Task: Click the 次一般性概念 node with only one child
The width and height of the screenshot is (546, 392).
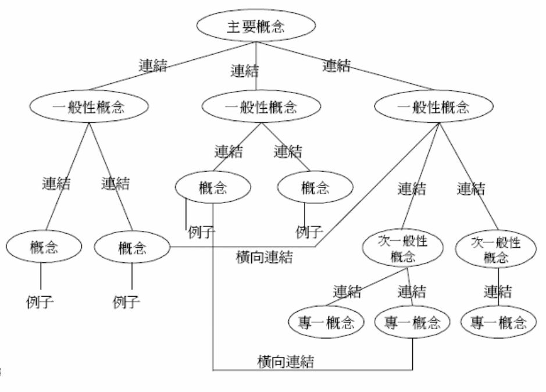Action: [x=496, y=248]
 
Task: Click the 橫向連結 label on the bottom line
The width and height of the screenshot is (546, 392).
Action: [x=286, y=362]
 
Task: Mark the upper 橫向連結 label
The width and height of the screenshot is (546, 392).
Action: [x=265, y=256]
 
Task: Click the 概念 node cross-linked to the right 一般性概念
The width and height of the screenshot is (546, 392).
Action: [x=132, y=249]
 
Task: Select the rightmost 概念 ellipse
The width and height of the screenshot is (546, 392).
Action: [x=315, y=188]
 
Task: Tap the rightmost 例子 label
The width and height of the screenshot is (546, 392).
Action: [x=309, y=233]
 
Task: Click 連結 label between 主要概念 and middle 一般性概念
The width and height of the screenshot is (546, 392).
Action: [x=244, y=72]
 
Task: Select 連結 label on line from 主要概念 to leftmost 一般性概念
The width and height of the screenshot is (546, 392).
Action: [x=153, y=66]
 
